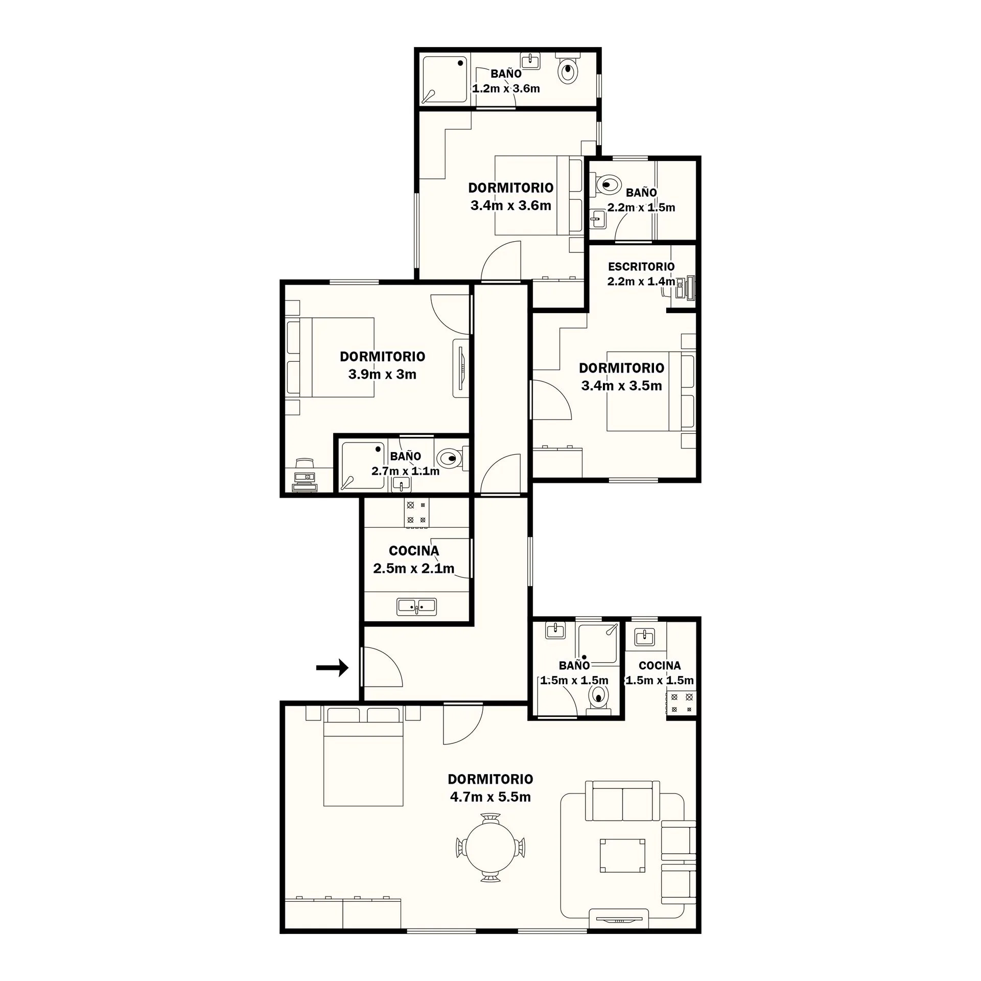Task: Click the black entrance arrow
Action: [x=332, y=667]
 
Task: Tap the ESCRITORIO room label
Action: [x=641, y=266]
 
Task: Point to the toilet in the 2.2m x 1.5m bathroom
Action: [x=606, y=184]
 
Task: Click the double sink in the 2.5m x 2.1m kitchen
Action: [x=417, y=606]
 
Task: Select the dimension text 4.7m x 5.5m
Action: [x=490, y=797]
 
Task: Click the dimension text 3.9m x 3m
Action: [x=382, y=374]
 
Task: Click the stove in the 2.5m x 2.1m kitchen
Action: [x=417, y=513]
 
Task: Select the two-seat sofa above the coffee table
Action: [x=622, y=801]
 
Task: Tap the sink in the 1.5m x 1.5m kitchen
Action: [x=645, y=637]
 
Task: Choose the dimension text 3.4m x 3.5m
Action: [x=621, y=385]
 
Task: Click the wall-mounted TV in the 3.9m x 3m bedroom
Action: [x=461, y=368]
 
